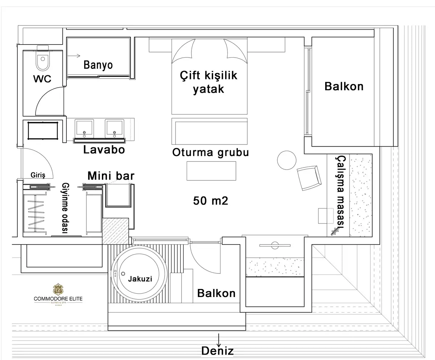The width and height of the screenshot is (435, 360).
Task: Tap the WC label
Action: (42, 79)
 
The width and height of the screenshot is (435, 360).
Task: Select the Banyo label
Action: (98, 65)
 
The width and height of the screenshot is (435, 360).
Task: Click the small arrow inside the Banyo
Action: (74, 56)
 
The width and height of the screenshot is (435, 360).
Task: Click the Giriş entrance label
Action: (38, 175)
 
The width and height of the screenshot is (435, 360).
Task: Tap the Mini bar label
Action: (111, 176)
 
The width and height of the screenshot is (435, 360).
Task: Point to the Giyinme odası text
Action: (65, 208)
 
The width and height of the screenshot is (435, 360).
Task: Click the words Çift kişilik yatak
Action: (208, 83)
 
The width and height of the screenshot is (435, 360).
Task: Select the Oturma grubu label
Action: (211, 152)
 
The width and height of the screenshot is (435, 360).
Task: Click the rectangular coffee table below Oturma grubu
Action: (211, 171)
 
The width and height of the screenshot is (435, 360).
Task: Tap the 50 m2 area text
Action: (211, 201)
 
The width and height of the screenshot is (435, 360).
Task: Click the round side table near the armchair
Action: (287, 160)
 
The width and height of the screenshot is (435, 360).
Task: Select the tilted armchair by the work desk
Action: (309, 178)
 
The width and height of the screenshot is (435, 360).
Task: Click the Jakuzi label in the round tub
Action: (140, 279)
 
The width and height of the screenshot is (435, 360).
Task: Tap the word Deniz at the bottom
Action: (217, 351)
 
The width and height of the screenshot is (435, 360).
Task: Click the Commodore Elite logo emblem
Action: (58, 289)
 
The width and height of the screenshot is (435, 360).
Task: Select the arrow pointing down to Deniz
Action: (219, 340)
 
